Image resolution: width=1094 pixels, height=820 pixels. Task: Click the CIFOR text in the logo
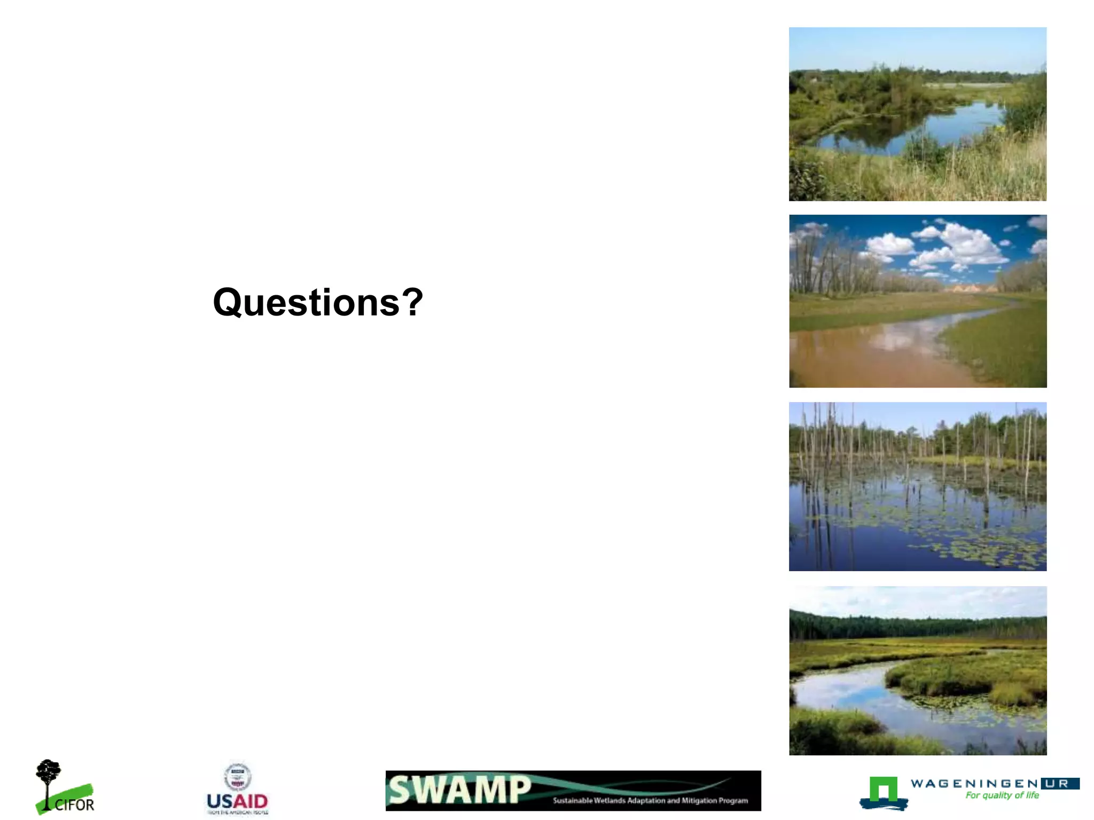coord(74,805)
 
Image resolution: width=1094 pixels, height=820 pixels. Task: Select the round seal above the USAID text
coord(237,777)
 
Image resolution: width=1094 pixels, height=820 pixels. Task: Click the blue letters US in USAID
coord(219,801)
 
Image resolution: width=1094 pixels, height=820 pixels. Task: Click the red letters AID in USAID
coord(250,801)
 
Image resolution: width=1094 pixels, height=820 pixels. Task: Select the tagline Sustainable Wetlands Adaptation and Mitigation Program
coord(650,800)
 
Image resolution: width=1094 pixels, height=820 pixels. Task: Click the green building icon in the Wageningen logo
coord(883,790)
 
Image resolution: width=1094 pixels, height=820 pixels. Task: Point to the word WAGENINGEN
coord(974,783)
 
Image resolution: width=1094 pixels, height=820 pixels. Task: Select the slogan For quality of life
coord(1002,795)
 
